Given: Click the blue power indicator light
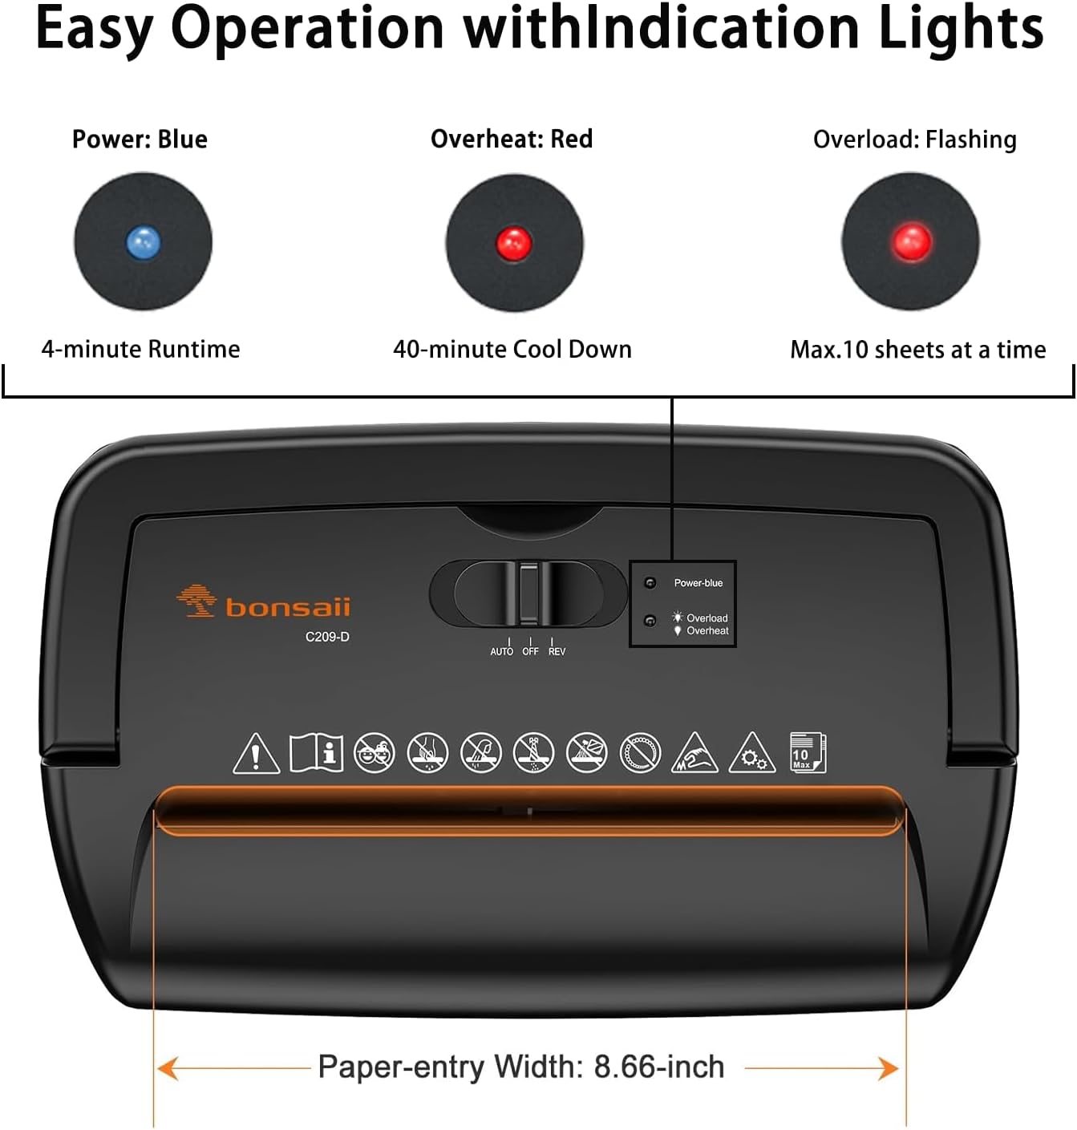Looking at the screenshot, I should (144, 241).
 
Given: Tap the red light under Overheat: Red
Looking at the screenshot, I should (514, 242).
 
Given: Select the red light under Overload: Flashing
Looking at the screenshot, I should (911, 241).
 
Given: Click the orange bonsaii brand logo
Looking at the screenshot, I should (264, 602).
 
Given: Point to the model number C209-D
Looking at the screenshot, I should (327, 637).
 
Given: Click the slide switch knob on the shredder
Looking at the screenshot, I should (528, 593).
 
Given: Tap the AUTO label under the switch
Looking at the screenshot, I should (502, 651).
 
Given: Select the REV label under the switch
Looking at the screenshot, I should (557, 651).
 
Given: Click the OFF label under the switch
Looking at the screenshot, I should (530, 651).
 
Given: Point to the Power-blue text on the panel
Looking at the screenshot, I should (698, 583).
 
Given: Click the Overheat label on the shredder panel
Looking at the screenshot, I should (707, 631).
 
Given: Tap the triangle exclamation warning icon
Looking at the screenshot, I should (256, 754).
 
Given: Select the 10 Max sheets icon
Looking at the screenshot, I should (807, 752).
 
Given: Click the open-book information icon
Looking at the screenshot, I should (316, 753).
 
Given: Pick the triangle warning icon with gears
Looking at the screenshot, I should (751, 754).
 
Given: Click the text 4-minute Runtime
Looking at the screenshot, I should (140, 349).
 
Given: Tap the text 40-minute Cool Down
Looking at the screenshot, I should (512, 349).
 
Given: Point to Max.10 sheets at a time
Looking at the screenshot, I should (918, 350).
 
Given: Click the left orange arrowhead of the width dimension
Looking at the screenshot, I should (168, 1068).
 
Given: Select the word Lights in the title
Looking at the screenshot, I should (961, 29).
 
